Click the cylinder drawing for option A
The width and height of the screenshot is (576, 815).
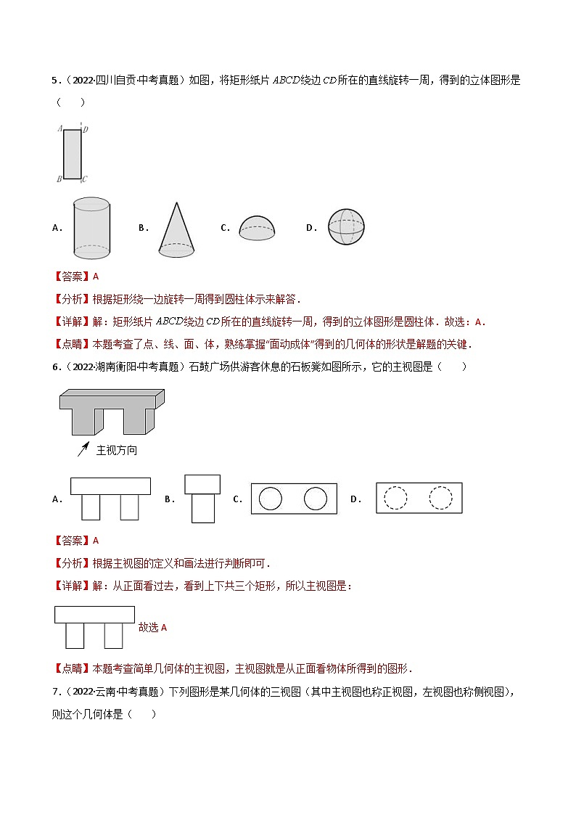pyautogui.click(x=91, y=228)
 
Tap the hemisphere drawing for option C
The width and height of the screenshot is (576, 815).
pyautogui.click(x=258, y=228)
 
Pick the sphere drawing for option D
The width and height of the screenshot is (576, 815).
pyautogui.click(x=346, y=228)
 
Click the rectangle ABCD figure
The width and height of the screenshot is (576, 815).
pyautogui.click(x=72, y=154)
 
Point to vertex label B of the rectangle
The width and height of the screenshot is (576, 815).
pyautogui.click(x=59, y=179)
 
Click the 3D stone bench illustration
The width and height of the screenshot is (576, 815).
pyautogui.click(x=112, y=411)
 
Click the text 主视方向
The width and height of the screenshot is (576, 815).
pyautogui.click(x=117, y=450)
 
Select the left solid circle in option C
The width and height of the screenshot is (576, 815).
pyautogui.click(x=270, y=499)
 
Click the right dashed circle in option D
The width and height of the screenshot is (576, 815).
pyautogui.click(x=440, y=498)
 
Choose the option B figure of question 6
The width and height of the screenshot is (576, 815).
pyautogui.click(x=202, y=499)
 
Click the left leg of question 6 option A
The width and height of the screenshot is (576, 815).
pyautogui.click(x=91, y=507)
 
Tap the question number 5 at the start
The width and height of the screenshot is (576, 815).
pyautogui.click(x=55, y=81)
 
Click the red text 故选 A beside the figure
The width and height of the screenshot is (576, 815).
pyautogui.click(x=152, y=627)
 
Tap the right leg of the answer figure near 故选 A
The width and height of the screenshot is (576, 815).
pyautogui.click(x=113, y=636)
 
